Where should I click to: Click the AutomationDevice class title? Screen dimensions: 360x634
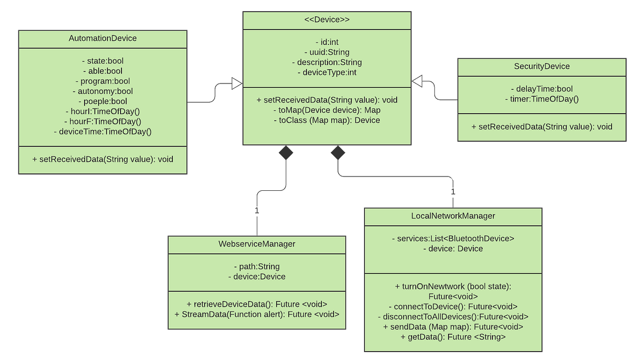tap(102, 39)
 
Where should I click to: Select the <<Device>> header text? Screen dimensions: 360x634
tap(327, 20)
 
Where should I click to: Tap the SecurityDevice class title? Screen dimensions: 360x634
tap(542, 66)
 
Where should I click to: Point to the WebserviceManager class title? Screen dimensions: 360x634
tap(257, 244)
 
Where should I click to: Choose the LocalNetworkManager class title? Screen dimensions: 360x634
tap(453, 216)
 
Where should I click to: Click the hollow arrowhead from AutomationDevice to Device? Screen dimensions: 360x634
tap(236, 84)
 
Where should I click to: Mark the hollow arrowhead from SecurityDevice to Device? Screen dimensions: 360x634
tap(417, 81)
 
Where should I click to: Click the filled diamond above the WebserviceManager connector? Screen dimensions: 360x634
tap(286, 153)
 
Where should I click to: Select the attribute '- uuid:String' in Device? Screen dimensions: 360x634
tap(327, 52)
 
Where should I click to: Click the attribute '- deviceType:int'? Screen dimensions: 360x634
tap(327, 72)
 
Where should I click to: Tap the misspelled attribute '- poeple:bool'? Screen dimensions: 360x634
tap(102, 101)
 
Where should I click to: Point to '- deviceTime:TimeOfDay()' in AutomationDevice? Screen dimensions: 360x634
tap(102, 131)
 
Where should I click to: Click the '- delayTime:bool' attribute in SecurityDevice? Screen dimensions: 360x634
tap(542, 89)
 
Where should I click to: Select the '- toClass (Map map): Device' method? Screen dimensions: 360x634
tap(327, 120)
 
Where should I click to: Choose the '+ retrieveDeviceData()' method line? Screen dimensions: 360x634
tap(257, 304)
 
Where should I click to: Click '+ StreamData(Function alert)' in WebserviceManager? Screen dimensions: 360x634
tap(257, 314)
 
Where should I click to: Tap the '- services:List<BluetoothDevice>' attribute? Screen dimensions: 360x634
tap(453, 238)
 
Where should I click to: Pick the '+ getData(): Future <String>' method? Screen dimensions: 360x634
tap(453, 336)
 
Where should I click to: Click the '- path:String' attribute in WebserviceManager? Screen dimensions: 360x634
tap(257, 266)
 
